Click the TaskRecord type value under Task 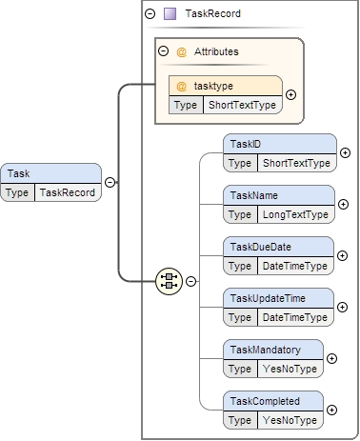(67, 192)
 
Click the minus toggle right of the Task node (110, 183)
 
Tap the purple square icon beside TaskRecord (170, 14)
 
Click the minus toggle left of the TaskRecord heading (150, 14)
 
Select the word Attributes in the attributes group (217, 51)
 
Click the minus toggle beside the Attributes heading (163, 51)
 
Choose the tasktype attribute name (213, 86)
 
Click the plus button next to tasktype (290, 94)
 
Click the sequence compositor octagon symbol (170, 280)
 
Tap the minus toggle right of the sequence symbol (190, 281)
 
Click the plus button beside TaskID (345, 152)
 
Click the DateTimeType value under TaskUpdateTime (294, 317)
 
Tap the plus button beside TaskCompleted (332, 410)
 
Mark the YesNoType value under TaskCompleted (290, 420)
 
